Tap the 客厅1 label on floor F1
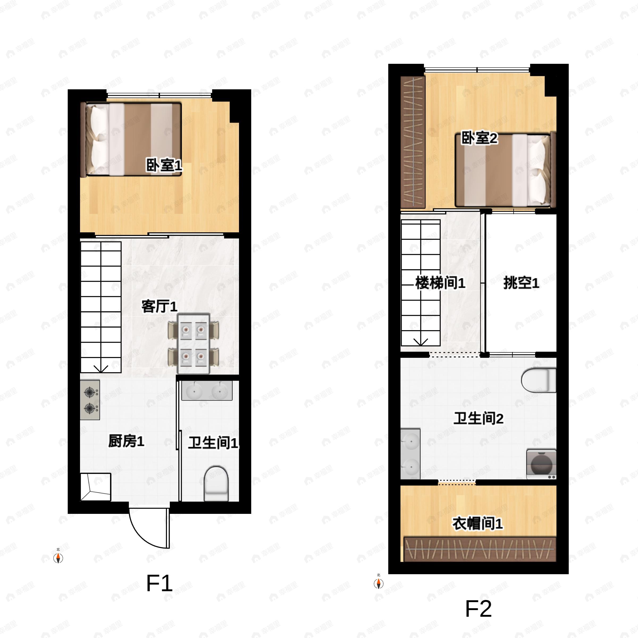tap(159, 307)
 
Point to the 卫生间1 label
tap(213, 443)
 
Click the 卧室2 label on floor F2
tap(479, 138)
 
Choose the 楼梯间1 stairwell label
tap(440, 283)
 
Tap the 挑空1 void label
tap(521, 283)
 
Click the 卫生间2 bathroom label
tap(478, 418)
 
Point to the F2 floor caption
tap(478, 608)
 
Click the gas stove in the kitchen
tap(90, 400)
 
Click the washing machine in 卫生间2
tap(541, 464)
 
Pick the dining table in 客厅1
tap(194, 344)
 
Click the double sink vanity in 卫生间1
tap(207, 391)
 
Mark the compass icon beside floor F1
tap(58, 558)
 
